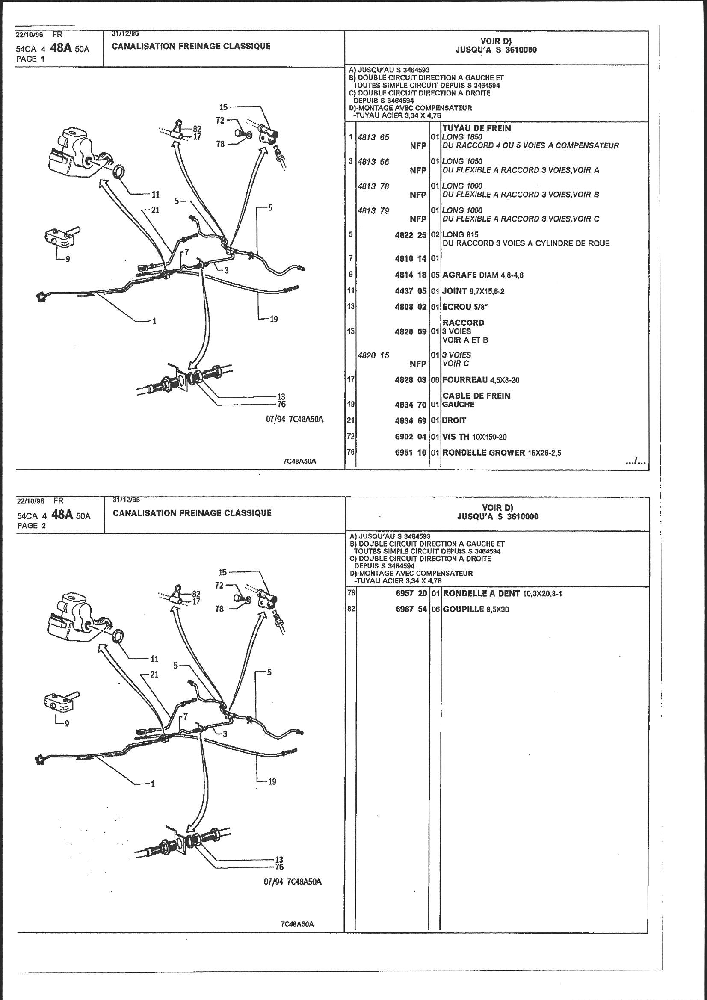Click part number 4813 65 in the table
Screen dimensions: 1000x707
[x=373, y=137]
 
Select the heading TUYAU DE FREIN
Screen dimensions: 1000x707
[x=476, y=128]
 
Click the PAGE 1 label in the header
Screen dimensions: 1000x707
[x=30, y=59]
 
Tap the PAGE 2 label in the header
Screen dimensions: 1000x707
[x=31, y=525]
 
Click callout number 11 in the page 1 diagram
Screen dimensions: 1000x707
[x=156, y=194]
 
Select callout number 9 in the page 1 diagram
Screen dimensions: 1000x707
[x=68, y=259]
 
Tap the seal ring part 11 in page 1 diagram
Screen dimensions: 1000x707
[x=119, y=172]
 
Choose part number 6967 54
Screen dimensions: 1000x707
[x=411, y=609]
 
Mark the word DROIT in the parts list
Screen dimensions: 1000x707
[x=454, y=420]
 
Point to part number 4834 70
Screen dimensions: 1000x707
[x=410, y=404]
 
